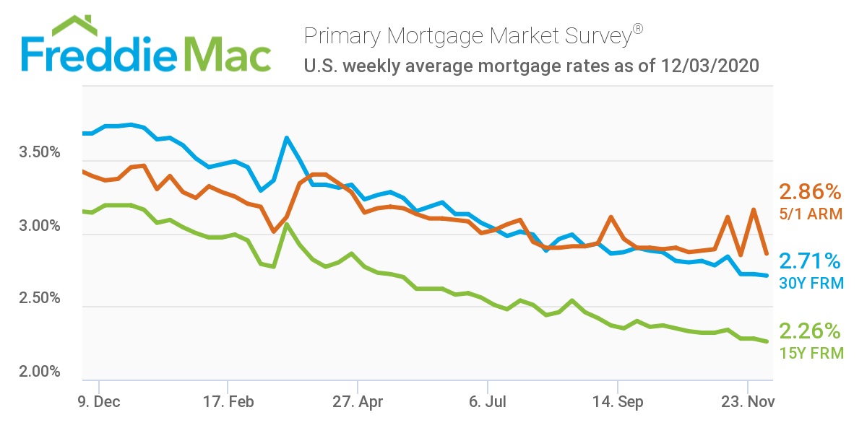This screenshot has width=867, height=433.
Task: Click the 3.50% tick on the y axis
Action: click(x=38, y=154)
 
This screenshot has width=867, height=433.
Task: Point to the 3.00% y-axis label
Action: click(x=38, y=227)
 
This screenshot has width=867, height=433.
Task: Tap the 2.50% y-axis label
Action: click(x=38, y=299)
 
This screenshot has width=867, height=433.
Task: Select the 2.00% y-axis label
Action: click(x=38, y=372)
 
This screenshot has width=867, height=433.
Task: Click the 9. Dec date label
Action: click(x=99, y=403)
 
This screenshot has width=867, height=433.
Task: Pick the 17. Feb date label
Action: click(x=228, y=403)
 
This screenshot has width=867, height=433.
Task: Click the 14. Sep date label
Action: click(x=617, y=403)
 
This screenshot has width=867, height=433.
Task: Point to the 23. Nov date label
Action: click(x=747, y=403)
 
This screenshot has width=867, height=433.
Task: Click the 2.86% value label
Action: click(x=810, y=192)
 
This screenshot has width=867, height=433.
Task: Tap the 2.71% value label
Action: click(x=810, y=261)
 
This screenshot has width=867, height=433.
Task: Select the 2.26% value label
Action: click(x=810, y=331)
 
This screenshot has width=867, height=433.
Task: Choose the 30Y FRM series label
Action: click(x=811, y=284)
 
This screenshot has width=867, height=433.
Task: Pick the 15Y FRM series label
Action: click(x=811, y=354)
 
